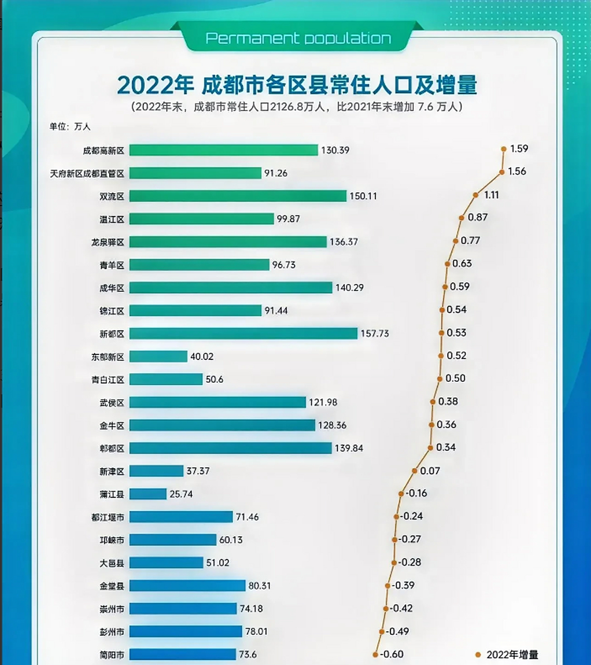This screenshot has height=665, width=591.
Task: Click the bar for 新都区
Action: (243, 334)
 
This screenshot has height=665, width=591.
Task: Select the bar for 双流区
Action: (237, 196)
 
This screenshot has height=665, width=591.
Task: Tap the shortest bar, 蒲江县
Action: (147, 494)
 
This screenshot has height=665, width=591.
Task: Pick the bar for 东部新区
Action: (158, 356)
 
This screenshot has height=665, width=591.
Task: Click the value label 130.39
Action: (335, 150)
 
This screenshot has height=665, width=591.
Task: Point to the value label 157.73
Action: (374, 334)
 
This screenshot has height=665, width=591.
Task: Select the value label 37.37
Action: (198, 471)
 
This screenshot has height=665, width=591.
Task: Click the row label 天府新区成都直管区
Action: (87, 174)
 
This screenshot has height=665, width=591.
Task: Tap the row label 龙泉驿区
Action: (108, 242)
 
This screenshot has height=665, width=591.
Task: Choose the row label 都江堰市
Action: (108, 517)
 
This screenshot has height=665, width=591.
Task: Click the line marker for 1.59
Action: (504, 149)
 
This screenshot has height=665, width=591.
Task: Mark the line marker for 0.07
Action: (414, 471)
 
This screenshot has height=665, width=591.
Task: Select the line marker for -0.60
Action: (375, 655)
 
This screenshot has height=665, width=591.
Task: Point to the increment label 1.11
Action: (491, 195)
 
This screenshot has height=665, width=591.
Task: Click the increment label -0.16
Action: (417, 493)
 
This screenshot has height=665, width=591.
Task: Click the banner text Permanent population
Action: (298, 38)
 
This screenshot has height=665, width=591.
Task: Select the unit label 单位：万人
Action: (70, 126)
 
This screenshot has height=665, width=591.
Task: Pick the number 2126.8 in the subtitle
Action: (290, 107)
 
